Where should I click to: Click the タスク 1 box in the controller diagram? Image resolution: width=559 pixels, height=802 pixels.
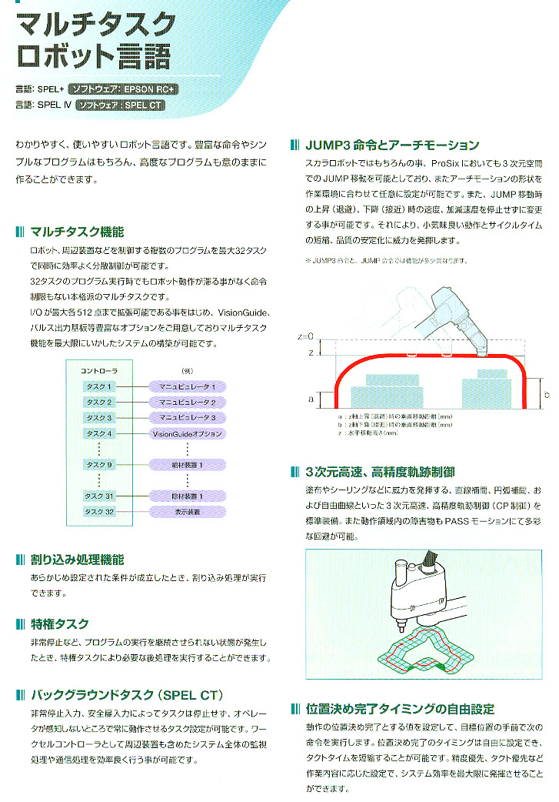click(x=100, y=386)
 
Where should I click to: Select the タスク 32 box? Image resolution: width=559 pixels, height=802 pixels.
click(x=100, y=512)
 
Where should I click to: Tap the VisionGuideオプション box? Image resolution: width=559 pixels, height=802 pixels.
click(x=188, y=433)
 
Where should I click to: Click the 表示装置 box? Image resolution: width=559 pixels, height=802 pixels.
click(x=188, y=512)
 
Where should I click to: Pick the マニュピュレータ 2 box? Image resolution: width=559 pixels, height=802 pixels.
click(x=188, y=402)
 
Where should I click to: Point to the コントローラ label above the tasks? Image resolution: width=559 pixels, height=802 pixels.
click(x=99, y=371)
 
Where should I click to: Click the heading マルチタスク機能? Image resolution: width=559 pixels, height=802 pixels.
click(x=77, y=232)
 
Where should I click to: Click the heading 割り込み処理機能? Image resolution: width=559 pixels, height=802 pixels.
click(x=77, y=560)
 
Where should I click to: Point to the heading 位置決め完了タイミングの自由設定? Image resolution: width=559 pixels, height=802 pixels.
click(x=400, y=709)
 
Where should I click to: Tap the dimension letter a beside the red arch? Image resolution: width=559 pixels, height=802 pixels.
click(x=310, y=399)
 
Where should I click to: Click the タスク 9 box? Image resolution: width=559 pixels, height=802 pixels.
click(x=100, y=465)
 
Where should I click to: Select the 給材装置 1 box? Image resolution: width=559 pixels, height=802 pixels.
click(x=188, y=465)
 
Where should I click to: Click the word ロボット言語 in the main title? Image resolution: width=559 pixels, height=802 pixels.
click(x=93, y=57)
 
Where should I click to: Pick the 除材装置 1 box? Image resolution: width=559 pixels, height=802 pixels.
click(x=188, y=496)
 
